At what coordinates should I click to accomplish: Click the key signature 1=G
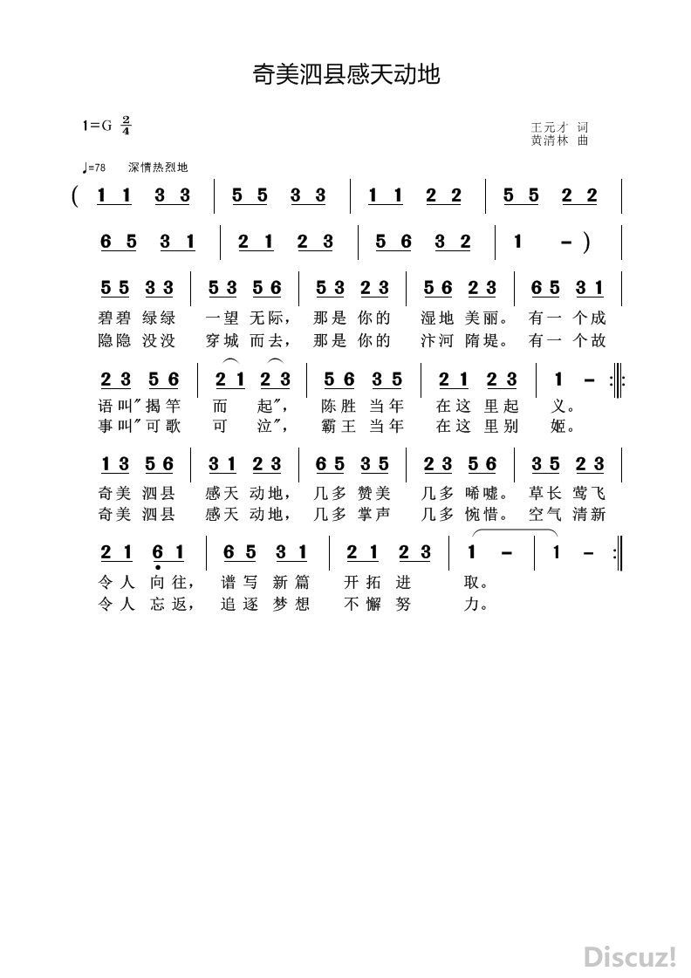98,125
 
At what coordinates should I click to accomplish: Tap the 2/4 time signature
127,125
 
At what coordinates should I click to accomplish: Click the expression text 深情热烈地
158,168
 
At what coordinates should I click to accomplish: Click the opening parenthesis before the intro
78,195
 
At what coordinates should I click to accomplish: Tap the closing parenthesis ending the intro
587,242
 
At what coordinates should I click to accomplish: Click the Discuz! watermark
631,956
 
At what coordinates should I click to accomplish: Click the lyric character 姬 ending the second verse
564,427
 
